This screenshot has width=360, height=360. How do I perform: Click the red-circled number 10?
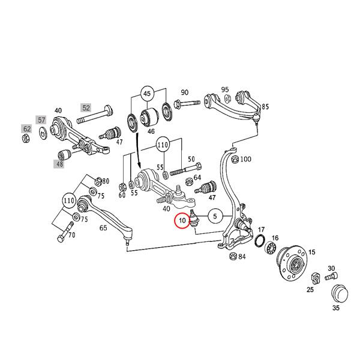[x=182, y=221]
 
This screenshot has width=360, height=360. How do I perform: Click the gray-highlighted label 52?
[x=86, y=108]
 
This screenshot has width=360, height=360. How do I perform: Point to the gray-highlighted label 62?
[x=26, y=128]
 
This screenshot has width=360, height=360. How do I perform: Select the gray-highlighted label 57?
[x=42, y=120]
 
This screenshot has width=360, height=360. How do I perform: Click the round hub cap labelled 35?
[x=340, y=295]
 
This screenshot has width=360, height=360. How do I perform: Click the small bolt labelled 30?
[x=329, y=277]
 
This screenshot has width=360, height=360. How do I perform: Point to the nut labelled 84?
[x=233, y=257]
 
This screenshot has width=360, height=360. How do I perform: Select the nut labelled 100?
[x=235, y=159]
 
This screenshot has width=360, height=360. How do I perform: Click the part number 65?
[x=103, y=228]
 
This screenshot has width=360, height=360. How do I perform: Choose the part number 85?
[x=265, y=107]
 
